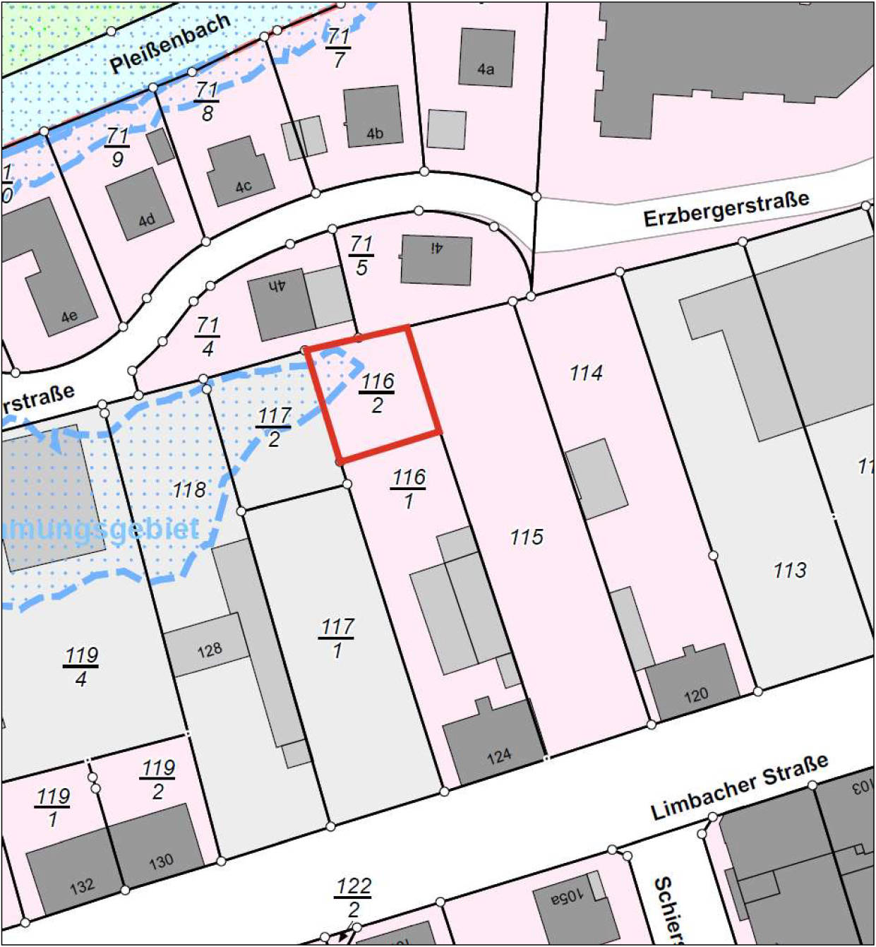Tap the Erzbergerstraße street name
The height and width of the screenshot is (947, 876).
click(x=726, y=208)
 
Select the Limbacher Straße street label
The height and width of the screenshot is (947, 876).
click(x=739, y=787)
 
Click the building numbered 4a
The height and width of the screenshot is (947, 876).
click(x=486, y=57)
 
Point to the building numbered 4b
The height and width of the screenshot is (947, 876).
click(x=373, y=117)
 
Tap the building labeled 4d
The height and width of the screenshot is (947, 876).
click(x=140, y=204)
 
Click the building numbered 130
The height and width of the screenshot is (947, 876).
click(x=160, y=845)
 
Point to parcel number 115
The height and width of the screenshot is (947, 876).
click(x=527, y=537)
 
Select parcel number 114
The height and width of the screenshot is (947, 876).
click(x=586, y=373)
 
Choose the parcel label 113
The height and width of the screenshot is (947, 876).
click(x=789, y=570)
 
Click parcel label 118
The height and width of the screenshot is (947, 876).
click(x=189, y=489)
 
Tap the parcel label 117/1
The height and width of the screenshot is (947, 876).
click(x=337, y=638)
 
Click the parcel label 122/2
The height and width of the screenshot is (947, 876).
click(x=353, y=897)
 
